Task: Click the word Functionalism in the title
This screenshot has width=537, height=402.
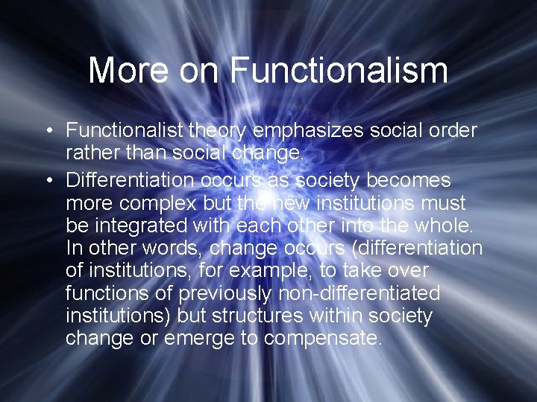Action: [x=339, y=70]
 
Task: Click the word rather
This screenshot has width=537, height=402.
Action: [x=90, y=153]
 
